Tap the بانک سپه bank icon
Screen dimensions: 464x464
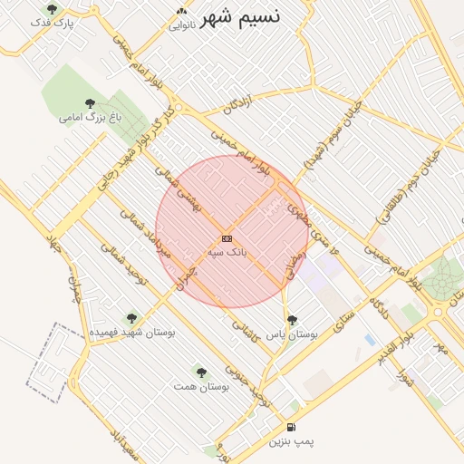[227, 238]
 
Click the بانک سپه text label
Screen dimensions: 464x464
[227, 251]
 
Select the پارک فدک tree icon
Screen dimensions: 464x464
[51, 9]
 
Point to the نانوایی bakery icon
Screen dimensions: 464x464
[181, 12]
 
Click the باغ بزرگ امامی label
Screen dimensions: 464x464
[90, 117]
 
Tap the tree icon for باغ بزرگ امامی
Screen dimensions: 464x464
[89, 103]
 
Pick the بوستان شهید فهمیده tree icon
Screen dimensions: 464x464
[132, 319]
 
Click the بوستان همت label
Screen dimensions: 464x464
[201, 386]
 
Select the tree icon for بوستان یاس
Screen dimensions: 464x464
[292, 320]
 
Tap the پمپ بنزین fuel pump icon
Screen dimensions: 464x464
[290, 427]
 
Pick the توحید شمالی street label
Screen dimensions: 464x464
[124, 262]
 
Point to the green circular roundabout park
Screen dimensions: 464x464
[444, 279]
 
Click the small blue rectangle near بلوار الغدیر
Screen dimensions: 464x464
[370, 340]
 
